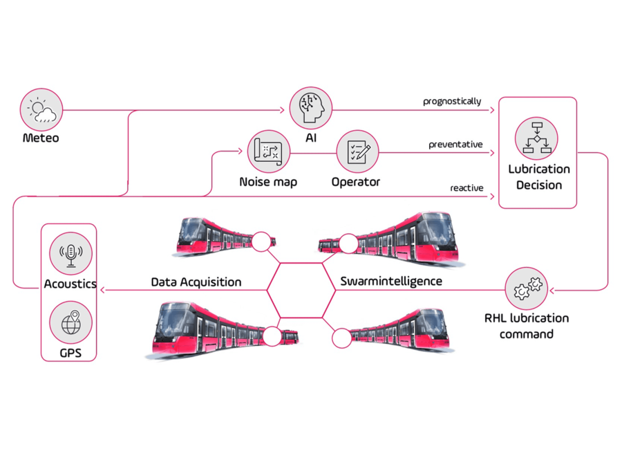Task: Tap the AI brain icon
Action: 310,108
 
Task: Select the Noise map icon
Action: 268,151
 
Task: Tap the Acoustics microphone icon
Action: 71,254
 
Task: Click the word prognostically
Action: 452,102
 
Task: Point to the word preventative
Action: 455,145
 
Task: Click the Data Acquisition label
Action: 196,282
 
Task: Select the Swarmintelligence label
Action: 391,282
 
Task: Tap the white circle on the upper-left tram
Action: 261,241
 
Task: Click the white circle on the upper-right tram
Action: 348,243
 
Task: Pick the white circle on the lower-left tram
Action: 272,337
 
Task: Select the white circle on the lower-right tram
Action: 341,338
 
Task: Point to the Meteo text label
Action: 41,138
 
